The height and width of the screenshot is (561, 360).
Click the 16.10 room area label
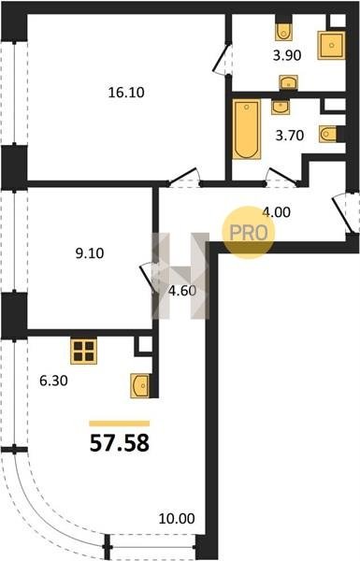click(126, 93)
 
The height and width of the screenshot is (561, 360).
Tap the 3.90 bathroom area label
click(287, 55)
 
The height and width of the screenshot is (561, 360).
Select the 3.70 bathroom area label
click(290, 136)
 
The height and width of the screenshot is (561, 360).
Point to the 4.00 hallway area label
click(276, 212)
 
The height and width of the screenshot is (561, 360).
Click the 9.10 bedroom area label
click(90, 253)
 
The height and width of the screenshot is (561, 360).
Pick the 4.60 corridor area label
click(182, 291)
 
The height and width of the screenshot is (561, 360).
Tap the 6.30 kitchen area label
click(53, 381)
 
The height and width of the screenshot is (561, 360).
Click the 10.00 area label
click(177, 518)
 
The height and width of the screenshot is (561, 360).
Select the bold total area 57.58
click(119, 443)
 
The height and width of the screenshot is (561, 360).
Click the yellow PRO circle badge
click(249, 233)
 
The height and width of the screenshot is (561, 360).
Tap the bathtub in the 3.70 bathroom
click(246, 130)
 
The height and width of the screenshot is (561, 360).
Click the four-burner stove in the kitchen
click(84, 351)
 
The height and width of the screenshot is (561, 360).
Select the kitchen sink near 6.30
click(139, 385)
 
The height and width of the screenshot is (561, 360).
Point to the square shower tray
click(331, 46)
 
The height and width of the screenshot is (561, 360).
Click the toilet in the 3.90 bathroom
click(283, 32)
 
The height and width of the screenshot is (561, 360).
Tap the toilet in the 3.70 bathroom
click(328, 135)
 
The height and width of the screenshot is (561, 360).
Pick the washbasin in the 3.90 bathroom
click(288, 82)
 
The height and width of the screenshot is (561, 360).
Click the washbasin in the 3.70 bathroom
click(281, 108)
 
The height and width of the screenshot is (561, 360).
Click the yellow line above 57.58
click(119, 424)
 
